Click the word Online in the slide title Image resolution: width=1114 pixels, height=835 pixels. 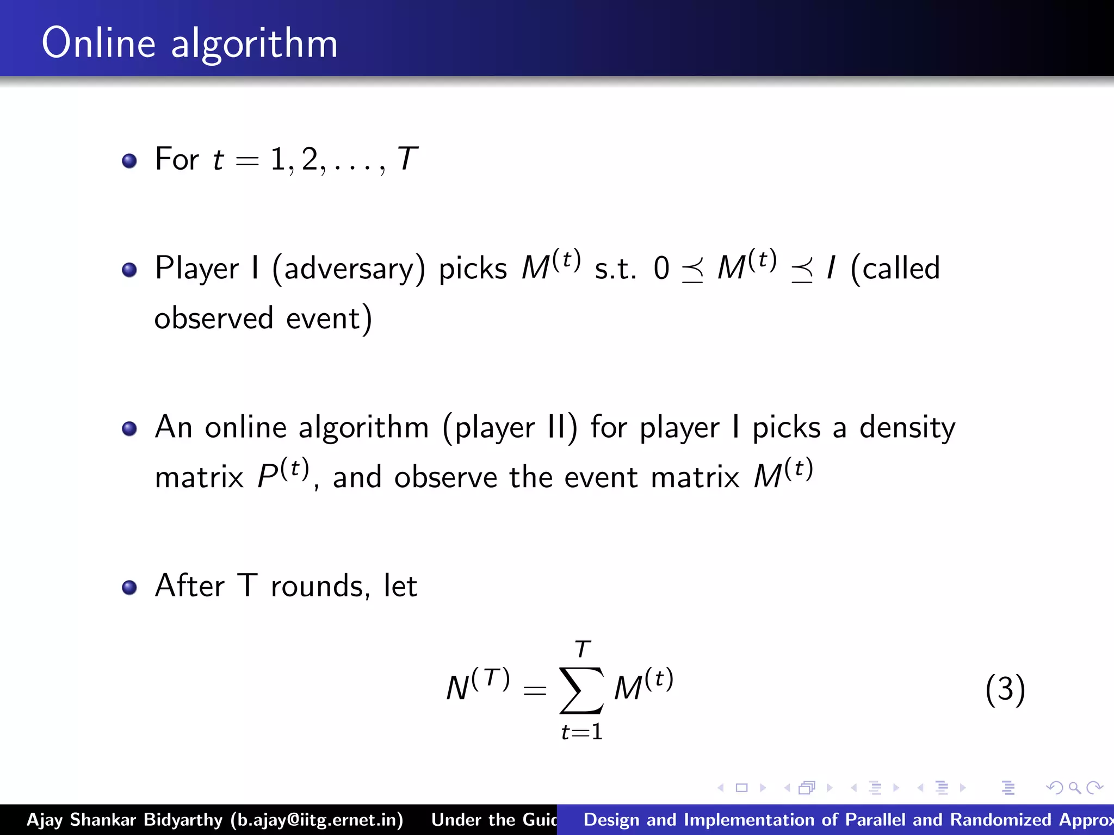click(x=98, y=43)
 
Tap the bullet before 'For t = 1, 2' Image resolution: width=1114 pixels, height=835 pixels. click(x=129, y=161)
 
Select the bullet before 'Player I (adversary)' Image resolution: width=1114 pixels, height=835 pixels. click(x=129, y=270)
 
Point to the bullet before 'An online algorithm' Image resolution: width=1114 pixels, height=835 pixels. click(x=129, y=428)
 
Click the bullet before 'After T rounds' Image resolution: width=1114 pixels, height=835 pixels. click(x=129, y=587)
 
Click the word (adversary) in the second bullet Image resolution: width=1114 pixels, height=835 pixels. click(x=349, y=269)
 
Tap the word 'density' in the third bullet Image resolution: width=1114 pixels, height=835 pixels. click(x=907, y=428)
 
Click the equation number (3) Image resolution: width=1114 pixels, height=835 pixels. click(x=1005, y=689)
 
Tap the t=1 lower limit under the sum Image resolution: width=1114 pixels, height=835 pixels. click(x=581, y=732)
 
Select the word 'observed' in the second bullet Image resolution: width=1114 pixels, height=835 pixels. click(x=213, y=319)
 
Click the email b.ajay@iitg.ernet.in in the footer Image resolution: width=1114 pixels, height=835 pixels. click(x=317, y=820)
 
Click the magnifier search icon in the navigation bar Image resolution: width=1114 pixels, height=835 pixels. click(x=1074, y=787)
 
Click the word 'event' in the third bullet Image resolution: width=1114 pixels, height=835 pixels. click(x=601, y=478)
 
